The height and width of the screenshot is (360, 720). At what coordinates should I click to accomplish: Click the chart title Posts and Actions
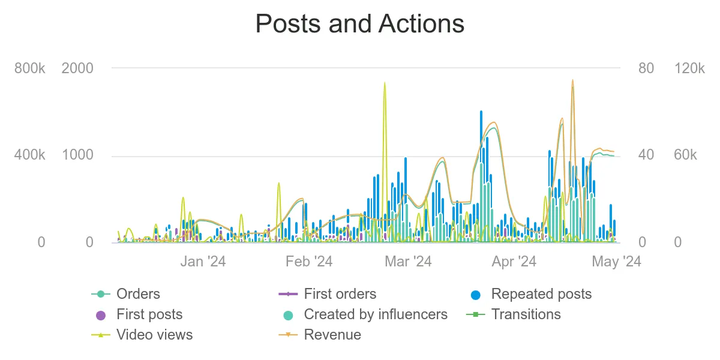pyautogui.click(x=360, y=25)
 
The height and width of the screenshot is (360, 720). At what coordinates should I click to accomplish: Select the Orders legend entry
pyautogui.click(x=138, y=294)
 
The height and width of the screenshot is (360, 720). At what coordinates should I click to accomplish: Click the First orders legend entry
pyautogui.click(x=340, y=294)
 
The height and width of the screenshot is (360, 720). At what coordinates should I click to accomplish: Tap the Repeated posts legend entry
pyautogui.click(x=541, y=294)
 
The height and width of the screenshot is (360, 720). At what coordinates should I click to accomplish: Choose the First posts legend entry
pyautogui.click(x=149, y=314)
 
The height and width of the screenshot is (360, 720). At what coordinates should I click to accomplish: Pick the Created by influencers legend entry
pyautogui.click(x=375, y=314)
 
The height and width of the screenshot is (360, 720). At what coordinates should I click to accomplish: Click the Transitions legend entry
pyautogui.click(x=526, y=314)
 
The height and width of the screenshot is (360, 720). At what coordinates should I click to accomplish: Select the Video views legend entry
pyautogui.click(x=154, y=335)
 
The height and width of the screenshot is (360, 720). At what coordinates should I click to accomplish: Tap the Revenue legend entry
pyautogui.click(x=332, y=335)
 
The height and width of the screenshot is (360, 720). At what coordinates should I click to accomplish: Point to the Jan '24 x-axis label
pyautogui.click(x=203, y=262)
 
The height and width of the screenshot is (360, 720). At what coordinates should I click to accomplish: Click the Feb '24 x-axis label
pyautogui.click(x=309, y=262)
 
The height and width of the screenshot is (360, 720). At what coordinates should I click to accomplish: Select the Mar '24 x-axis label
pyautogui.click(x=408, y=262)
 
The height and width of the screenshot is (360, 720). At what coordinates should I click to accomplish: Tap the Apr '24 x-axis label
pyautogui.click(x=514, y=262)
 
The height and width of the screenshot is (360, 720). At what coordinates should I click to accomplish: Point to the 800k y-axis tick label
pyautogui.click(x=30, y=68)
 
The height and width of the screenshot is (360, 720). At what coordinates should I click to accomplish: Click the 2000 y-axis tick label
pyautogui.click(x=77, y=68)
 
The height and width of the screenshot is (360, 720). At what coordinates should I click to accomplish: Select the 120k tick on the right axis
pyautogui.click(x=689, y=68)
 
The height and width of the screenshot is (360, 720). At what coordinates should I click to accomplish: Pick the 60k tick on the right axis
pyautogui.click(x=685, y=155)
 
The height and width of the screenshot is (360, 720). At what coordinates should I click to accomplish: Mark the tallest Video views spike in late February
pyautogui.click(x=385, y=84)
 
